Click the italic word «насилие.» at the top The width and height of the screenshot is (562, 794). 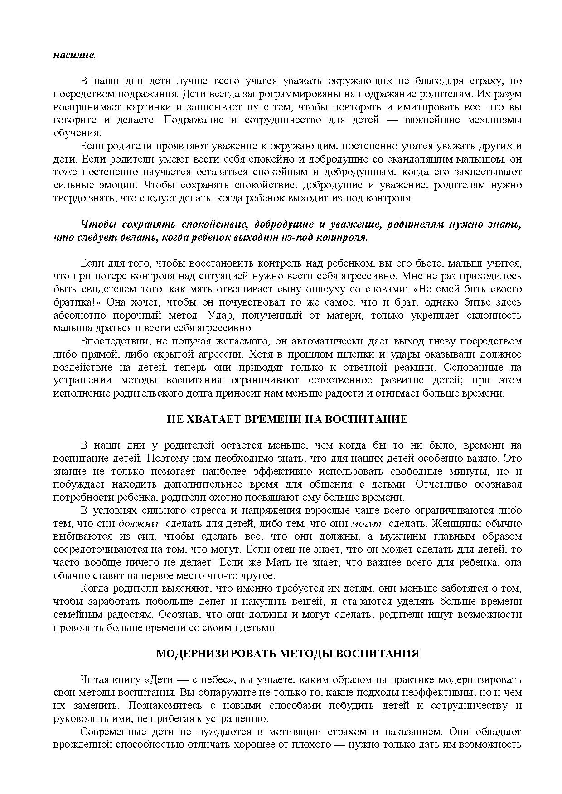coord(75,55)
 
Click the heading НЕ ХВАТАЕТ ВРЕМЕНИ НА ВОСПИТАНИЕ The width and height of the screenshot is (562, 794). coord(287,419)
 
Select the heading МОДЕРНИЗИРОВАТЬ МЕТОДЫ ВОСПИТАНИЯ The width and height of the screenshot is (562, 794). coord(287,654)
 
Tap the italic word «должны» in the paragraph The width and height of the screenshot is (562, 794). coord(138,524)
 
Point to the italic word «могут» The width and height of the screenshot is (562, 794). coord(366,524)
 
